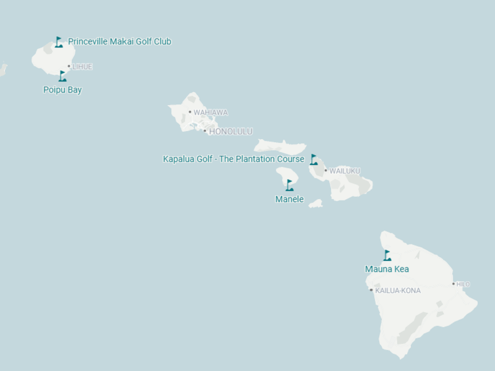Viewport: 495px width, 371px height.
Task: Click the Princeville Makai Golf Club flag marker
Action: point(59,42)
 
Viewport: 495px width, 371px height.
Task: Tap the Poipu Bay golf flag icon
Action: point(62,76)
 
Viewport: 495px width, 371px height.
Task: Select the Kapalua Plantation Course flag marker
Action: point(314,160)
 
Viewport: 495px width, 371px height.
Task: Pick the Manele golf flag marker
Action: point(290,185)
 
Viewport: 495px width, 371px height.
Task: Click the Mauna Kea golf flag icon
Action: point(387,255)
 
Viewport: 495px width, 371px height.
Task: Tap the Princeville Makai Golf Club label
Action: point(119,42)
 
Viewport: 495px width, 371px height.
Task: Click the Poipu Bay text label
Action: point(62,90)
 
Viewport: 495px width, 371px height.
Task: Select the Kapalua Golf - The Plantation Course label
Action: point(233,160)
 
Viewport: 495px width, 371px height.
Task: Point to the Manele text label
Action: point(290,200)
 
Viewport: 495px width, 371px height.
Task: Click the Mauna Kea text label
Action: point(387,270)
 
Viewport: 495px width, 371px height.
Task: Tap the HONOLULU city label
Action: point(230,132)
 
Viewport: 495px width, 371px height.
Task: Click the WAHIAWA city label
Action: point(210,113)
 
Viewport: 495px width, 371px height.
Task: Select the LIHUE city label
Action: point(82,67)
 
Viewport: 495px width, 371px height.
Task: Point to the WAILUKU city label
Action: point(345,171)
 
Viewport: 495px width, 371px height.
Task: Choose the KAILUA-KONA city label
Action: point(398,291)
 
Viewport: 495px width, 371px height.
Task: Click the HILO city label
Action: point(463,284)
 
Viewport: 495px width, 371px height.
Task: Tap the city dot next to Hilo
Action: point(454,284)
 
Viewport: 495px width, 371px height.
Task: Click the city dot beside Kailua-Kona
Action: point(371,290)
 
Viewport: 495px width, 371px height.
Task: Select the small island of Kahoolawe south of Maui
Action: point(316,203)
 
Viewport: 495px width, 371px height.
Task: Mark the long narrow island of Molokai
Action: point(280,147)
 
